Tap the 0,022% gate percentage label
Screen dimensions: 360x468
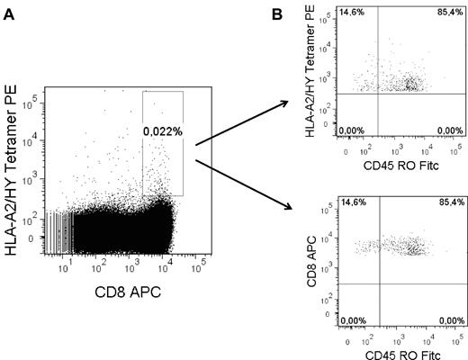click(162, 132)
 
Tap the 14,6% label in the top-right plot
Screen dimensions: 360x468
click(350, 12)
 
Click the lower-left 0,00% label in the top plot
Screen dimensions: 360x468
click(350, 130)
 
